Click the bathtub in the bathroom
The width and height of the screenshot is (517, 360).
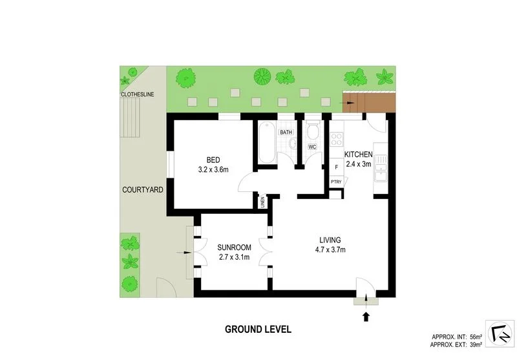tap(266, 143)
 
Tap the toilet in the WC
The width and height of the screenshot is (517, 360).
tap(312, 132)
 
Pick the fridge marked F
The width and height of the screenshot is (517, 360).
tap(336, 167)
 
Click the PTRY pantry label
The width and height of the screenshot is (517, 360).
tap(336, 182)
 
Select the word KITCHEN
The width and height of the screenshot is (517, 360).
tap(357, 154)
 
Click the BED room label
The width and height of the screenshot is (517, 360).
tap(213, 160)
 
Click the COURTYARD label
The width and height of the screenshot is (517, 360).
tap(142, 190)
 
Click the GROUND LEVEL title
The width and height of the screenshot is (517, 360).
tap(258, 328)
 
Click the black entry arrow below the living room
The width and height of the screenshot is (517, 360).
tap(366, 316)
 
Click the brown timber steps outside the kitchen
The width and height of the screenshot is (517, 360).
tap(368, 101)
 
